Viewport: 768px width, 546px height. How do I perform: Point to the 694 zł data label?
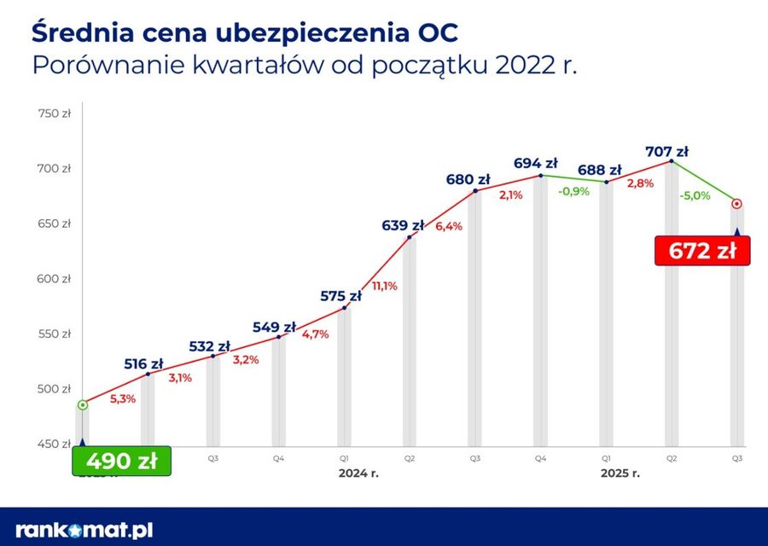point(536,163)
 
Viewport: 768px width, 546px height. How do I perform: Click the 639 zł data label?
point(403,226)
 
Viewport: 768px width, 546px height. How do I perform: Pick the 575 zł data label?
point(340,296)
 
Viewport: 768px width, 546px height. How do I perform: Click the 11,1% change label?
point(384,286)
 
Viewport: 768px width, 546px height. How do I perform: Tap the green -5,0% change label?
point(695,195)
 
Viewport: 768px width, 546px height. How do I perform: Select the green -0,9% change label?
point(573,191)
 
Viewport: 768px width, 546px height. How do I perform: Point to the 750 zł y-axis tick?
point(54,113)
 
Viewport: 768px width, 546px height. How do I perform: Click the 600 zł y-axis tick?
point(54,279)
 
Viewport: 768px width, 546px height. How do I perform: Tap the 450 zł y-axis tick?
point(54,444)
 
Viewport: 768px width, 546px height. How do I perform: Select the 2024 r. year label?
point(358,472)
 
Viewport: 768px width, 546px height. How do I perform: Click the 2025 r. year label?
point(620,472)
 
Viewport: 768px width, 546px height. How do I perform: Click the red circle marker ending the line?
point(736,204)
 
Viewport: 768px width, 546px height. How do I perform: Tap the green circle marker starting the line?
point(82,405)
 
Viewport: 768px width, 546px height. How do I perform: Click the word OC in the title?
point(436,32)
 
